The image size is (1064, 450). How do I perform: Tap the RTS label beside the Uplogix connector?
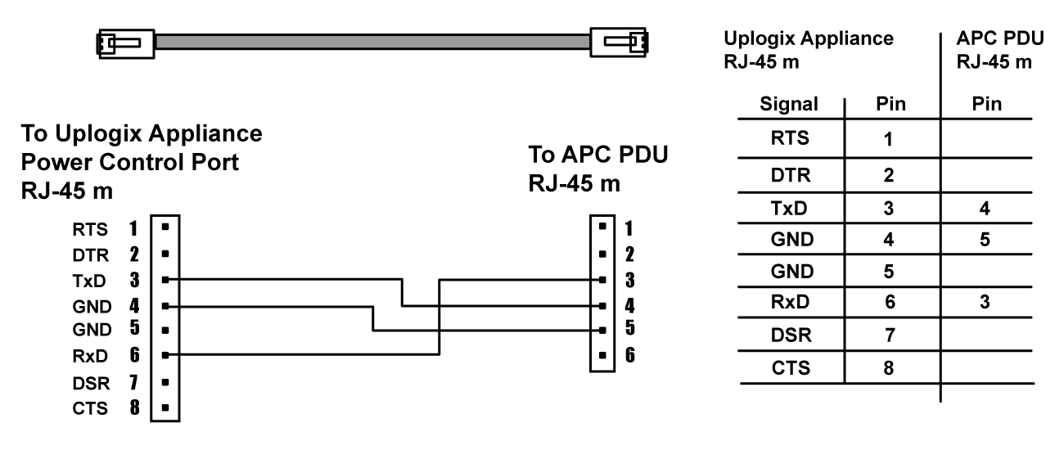[88, 229]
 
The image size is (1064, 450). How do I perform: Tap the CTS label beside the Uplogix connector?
[88, 406]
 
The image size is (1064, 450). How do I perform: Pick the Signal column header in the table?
[790, 105]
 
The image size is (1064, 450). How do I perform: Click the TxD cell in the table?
[790, 209]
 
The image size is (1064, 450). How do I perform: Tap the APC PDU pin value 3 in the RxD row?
[986, 303]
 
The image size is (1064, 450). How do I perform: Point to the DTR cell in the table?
[790, 174]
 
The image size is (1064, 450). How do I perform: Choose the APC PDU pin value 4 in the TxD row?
[986, 209]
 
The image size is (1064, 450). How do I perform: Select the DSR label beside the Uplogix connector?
[88, 381]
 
